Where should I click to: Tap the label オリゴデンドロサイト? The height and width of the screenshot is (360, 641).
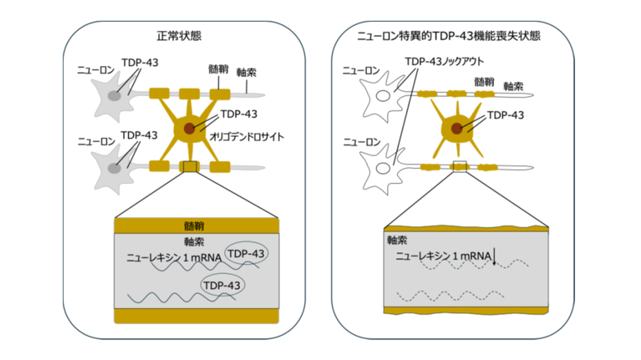(248, 137)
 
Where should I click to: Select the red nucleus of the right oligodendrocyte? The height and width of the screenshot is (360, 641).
(456, 128)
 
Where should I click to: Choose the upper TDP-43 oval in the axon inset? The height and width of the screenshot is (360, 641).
(246, 254)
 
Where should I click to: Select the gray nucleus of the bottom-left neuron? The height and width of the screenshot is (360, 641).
(117, 166)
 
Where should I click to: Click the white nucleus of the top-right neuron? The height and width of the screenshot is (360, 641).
(379, 98)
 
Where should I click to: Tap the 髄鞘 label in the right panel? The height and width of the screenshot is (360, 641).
(484, 81)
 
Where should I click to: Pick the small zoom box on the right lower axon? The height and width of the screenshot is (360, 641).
(460, 166)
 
